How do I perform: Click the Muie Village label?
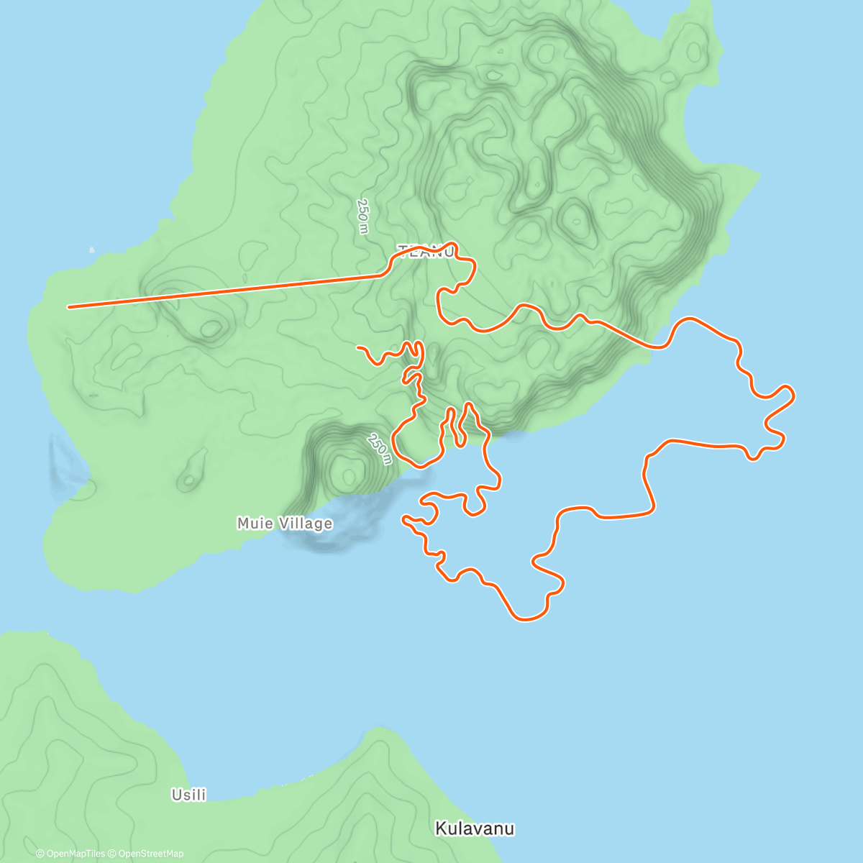tap(285, 524)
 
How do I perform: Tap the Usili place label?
tap(188, 795)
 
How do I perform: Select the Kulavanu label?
tap(475, 828)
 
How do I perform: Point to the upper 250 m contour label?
tap(362, 216)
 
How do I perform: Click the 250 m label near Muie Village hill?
tap(380, 449)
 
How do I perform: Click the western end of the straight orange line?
tap(69, 307)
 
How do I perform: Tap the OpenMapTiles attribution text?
tap(70, 854)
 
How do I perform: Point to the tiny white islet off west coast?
tap(91, 250)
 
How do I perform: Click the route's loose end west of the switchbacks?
tap(358, 347)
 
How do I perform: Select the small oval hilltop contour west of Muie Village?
tap(188, 480)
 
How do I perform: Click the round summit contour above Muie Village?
tap(350, 474)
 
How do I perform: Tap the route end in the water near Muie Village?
tap(405, 517)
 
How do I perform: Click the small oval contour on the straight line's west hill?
tap(211, 329)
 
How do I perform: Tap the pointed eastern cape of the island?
tap(759, 173)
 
